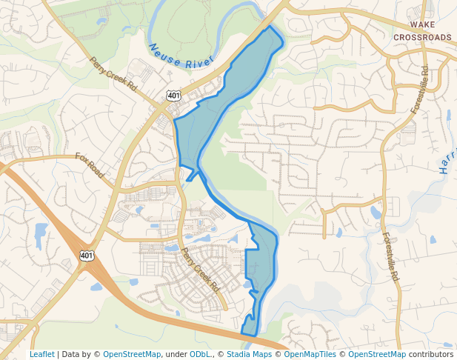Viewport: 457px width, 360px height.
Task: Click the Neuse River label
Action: [x=181, y=58]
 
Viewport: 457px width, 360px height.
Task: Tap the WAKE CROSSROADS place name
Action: [x=422, y=31]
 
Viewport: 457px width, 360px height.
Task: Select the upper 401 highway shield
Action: [x=173, y=96]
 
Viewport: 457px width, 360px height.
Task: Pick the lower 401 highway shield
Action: [x=87, y=256]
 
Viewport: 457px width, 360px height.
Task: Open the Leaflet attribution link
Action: [x=42, y=354]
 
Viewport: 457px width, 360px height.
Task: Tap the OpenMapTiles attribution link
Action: [x=311, y=354]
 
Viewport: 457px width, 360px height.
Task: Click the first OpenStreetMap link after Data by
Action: [x=131, y=354]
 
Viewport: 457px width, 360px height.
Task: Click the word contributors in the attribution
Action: [x=431, y=354]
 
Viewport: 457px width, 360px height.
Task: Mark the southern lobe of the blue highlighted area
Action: [x=259, y=274]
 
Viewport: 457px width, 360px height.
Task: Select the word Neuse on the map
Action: [x=164, y=52]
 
